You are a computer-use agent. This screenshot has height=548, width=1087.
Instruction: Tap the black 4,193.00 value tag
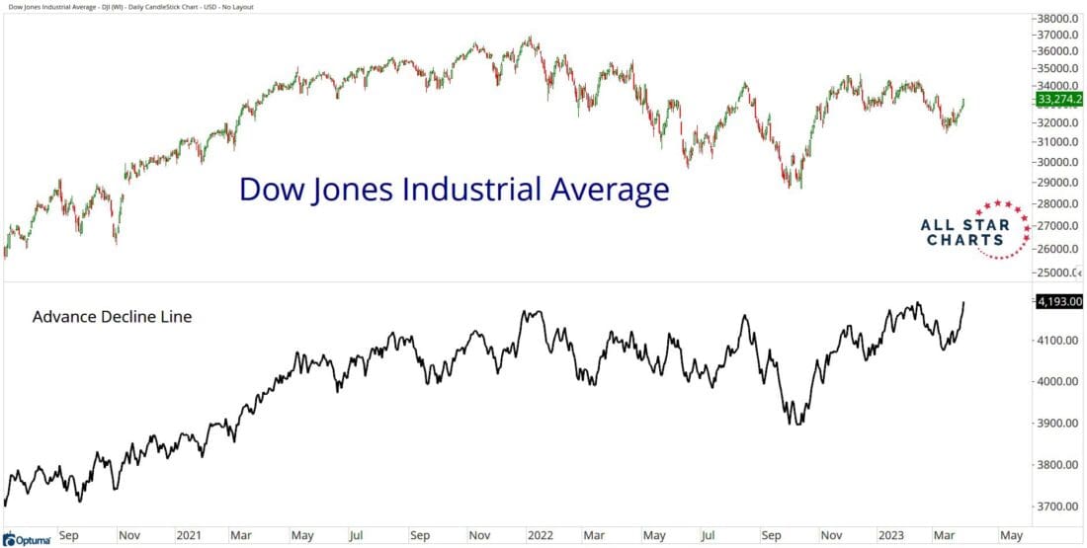[1058, 302]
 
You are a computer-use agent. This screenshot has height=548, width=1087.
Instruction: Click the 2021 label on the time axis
[188, 535]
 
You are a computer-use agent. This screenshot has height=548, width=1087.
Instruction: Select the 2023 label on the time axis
[891, 535]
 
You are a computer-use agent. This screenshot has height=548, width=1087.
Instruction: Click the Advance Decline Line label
[112, 317]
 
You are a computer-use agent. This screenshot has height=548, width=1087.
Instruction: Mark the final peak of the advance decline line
[963, 303]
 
